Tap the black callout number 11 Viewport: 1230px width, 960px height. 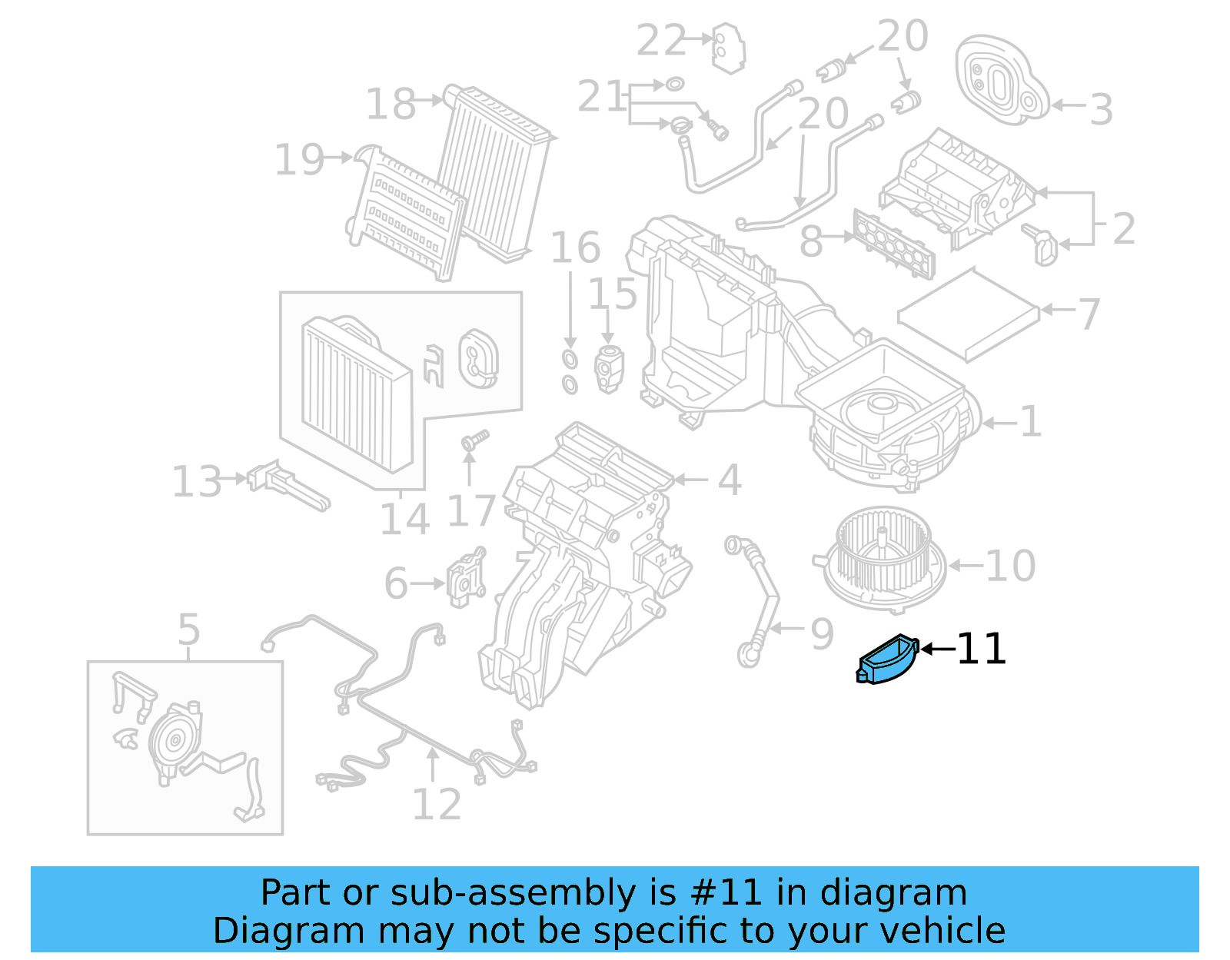[x=981, y=649]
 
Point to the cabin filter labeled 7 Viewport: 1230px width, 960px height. [x=967, y=314]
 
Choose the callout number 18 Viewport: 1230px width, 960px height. [x=391, y=104]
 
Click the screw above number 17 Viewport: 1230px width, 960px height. [x=474, y=441]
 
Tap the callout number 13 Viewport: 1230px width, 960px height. [x=197, y=482]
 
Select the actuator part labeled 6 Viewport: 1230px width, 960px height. [x=466, y=578]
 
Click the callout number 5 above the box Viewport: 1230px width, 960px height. [x=188, y=629]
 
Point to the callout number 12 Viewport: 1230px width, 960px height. [x=437, y=804]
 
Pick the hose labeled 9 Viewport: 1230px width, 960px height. [x=757, y=600]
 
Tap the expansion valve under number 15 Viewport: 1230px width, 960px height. [x=609, y=368]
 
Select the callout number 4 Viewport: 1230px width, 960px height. [x=729, y=480]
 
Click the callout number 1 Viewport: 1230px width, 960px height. [x=1030, y=421]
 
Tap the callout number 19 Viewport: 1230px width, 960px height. [x=299, y=160]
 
